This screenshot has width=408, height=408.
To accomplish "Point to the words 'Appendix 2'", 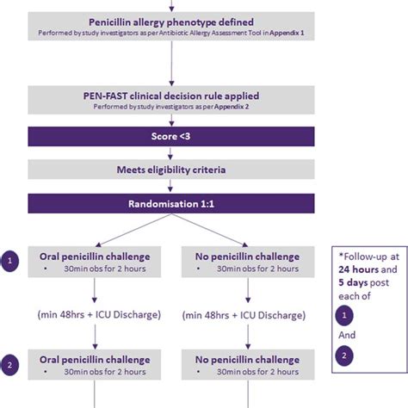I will (239, 108).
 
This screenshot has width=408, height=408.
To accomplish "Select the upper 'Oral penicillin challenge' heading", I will (95, 256).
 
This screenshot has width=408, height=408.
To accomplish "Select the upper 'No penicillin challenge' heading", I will (247, 256).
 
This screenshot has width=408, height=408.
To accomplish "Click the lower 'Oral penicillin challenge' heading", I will (95, 362).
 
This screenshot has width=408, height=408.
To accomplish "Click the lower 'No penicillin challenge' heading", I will (247, 362).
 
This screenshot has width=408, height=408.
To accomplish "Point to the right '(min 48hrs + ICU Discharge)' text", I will (247, 313).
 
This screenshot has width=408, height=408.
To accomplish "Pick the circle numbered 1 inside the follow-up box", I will (346, 316).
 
